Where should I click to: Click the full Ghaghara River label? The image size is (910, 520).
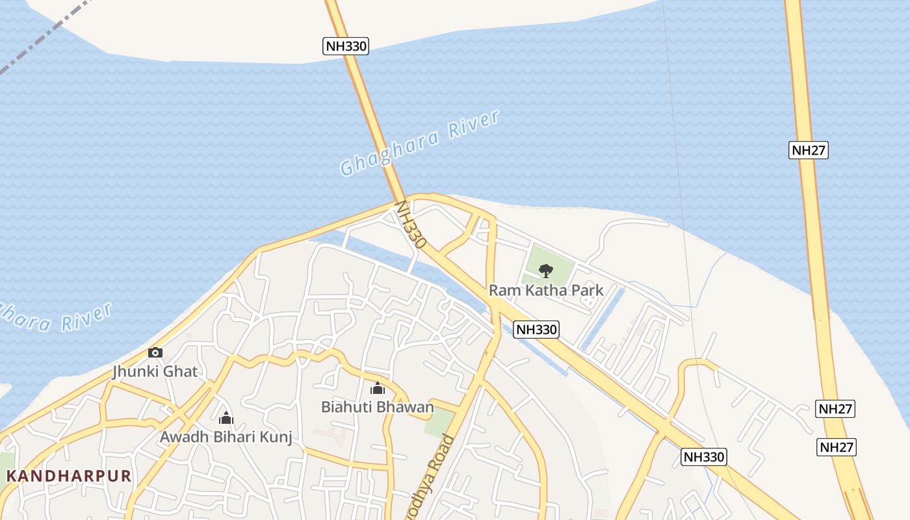420,143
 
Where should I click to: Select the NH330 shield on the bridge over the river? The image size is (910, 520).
346,46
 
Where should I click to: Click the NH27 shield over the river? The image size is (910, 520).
809,150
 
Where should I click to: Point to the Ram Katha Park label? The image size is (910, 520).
546,290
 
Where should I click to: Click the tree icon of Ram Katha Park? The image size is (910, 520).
546,270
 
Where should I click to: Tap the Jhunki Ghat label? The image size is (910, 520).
155,372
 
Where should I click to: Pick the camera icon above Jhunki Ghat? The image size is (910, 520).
155,352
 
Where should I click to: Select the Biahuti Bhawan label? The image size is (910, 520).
377,407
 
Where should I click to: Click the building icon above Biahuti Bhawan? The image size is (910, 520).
377,388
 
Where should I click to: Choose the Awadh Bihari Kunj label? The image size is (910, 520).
226,437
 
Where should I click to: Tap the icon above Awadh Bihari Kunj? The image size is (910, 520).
226,418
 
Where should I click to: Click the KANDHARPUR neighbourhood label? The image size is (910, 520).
69,476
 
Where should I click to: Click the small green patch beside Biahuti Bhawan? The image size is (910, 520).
439,423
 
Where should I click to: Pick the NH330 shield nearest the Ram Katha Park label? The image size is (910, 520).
536,330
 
